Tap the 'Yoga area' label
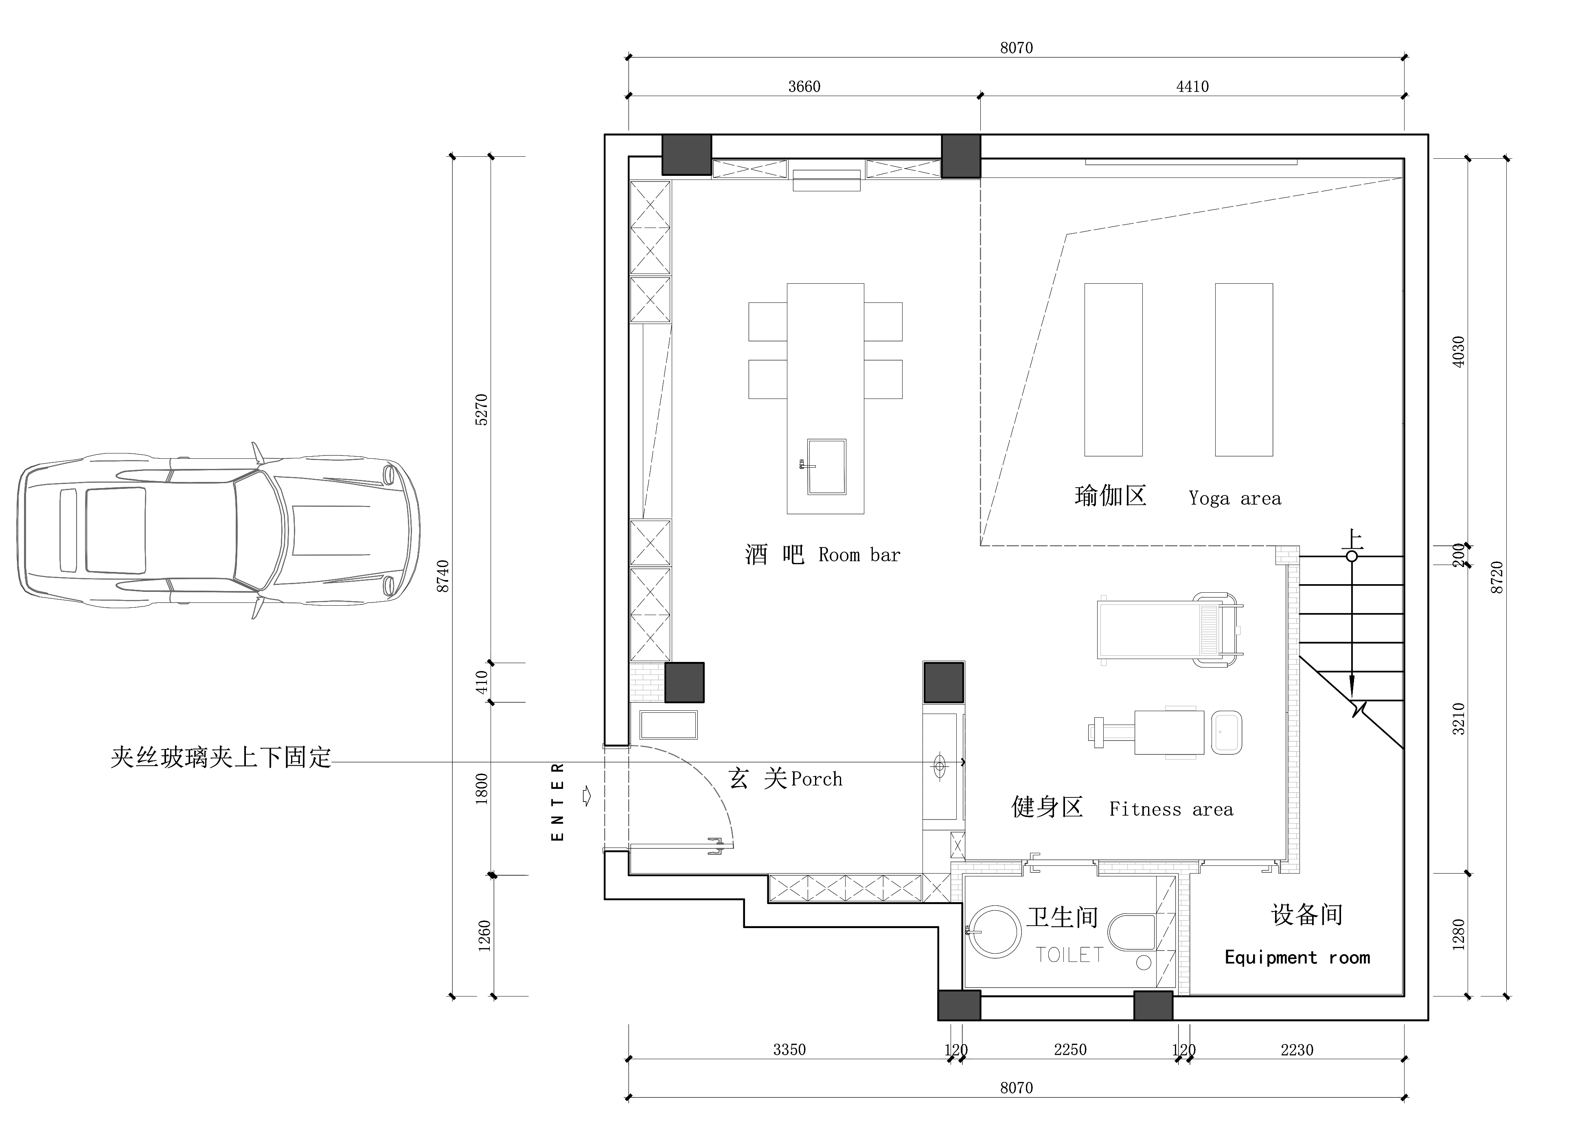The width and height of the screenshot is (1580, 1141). click(1234, 499)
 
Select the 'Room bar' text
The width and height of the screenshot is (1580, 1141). click(859, 555)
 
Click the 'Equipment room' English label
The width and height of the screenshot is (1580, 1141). click(1297, 958)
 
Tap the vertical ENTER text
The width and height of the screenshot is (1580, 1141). click(557, 801)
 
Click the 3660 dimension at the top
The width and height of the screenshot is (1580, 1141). click(804, 86)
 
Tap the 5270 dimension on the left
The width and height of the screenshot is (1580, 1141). click(481, 410)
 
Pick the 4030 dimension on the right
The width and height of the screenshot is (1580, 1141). click(1458, 352)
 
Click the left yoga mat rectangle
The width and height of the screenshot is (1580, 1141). click(1113, 369)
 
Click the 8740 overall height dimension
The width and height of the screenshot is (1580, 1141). click(443, 576)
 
